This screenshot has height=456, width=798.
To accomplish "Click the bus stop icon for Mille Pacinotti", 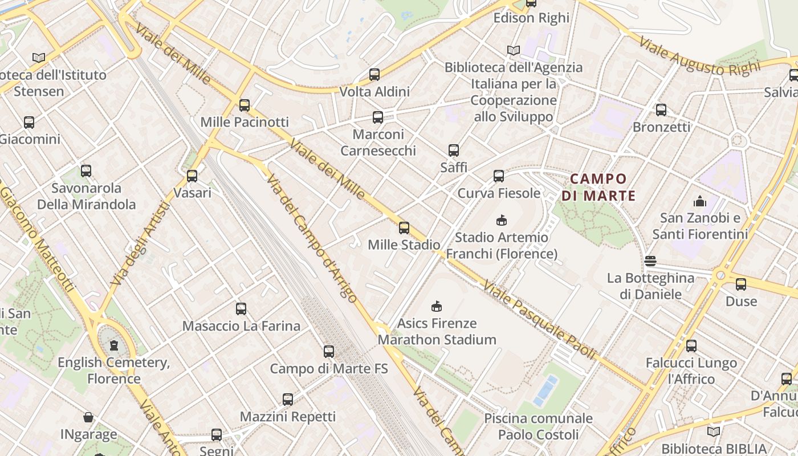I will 245,105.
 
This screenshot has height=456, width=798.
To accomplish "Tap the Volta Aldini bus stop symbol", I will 374,75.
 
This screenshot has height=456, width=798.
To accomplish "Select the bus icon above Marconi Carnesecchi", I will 378,118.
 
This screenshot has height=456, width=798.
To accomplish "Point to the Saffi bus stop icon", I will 454,150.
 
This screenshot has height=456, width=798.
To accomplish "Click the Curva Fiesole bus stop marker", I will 499,176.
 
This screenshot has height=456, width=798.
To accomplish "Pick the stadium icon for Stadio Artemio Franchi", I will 502,220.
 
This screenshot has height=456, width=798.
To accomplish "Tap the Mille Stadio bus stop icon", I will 404,228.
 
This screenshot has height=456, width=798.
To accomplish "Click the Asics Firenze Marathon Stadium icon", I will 437,306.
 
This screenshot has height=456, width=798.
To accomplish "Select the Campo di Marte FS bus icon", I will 329,352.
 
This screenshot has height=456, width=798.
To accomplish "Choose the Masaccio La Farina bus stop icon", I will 241,309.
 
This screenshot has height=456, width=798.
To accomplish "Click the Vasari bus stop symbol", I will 192,176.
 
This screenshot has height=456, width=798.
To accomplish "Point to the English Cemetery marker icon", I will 114,345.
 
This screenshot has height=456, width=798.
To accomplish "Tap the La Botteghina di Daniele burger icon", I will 650,262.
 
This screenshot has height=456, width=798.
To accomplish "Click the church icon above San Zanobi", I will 699,201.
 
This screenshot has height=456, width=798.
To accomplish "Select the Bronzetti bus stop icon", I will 661,110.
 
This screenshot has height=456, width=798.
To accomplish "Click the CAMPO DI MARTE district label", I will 598,188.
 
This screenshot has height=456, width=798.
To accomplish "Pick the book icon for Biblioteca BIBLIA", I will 714,431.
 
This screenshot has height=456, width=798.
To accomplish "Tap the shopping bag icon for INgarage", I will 88,417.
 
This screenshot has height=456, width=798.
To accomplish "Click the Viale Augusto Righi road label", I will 699,57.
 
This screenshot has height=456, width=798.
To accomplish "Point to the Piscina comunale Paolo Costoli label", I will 539,427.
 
